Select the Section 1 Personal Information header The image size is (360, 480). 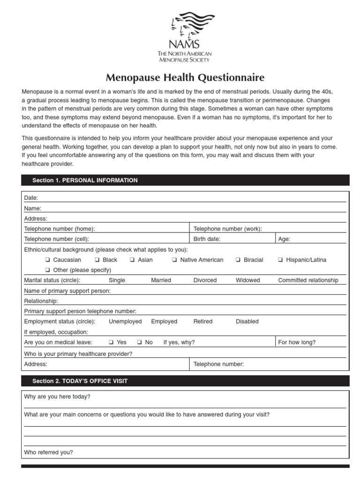[x=85, y=180]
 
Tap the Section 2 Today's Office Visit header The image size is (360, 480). [x=80, y=381]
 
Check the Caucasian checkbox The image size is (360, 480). [x=48, y=260]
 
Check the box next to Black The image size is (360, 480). [x=97, y=260]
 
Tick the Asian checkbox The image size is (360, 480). [x=133, y=260]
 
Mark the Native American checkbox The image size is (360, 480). [x=174, y=260]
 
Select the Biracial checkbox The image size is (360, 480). [x=239, y=260]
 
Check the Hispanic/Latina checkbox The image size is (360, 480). [x=280, y=260]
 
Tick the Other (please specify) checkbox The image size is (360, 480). [x=48, y=270]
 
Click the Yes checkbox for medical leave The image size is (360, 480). [x=112, y=342]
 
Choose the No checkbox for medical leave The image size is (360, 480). [x=140, y=342]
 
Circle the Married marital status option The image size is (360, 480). [x=161, y=280]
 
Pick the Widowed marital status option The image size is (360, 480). [x=247, y=280]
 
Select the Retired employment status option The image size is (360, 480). [x=202, y=322]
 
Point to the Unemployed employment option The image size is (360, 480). [x=125, y=322]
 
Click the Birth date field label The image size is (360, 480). [x=207, y=239]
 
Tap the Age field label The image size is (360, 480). [x=284, y=239]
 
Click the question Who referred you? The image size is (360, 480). [x=48, y=452]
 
